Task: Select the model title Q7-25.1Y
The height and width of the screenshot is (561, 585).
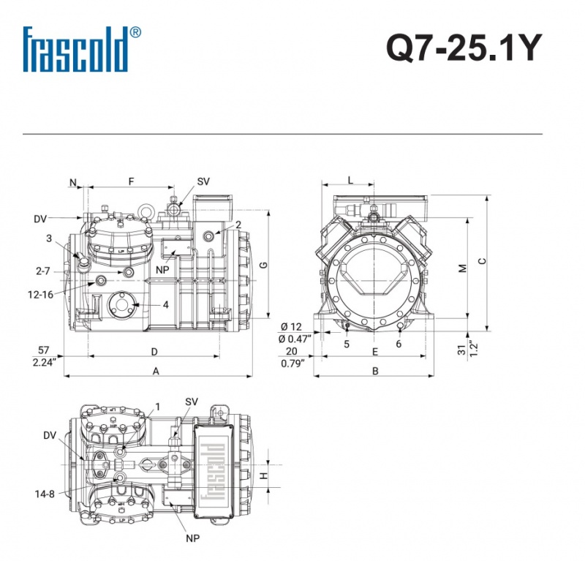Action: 464,48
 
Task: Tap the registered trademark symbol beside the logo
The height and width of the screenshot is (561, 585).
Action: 135,32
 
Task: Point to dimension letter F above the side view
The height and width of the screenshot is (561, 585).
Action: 131,181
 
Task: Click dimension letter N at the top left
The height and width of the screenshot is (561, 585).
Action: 73,183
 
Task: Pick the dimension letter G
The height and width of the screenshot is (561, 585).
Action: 263,265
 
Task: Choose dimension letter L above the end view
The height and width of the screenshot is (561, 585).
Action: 350,180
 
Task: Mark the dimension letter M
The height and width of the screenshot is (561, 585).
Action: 463,268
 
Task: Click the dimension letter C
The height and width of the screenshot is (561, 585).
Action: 483,261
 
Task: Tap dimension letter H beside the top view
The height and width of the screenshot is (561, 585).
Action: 264,476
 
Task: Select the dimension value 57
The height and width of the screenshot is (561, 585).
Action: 44,350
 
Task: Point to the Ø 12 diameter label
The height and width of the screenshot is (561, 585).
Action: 291,327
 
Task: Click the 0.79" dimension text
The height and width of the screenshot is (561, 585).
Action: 293,364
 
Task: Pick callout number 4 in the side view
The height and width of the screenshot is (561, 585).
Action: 166,304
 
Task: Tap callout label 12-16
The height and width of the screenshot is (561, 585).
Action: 41,295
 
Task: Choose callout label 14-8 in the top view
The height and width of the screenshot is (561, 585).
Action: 45,494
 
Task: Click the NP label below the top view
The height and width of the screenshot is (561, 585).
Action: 193,538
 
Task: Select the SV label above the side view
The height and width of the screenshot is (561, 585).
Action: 203,181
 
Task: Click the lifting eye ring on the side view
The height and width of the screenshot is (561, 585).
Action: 145,211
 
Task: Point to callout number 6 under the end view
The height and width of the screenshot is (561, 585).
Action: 399,344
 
